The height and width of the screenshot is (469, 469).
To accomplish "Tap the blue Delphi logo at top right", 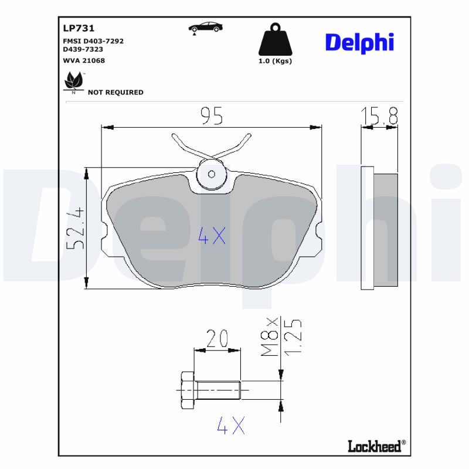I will [x=359, y=43].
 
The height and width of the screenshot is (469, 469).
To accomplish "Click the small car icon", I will [x=205, y=27].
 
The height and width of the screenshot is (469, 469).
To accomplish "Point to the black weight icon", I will [x=275, y=40].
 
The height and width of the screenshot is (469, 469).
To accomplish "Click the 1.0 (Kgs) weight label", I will [x=275, y=61].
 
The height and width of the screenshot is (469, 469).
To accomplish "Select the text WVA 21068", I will [x=84, y=60].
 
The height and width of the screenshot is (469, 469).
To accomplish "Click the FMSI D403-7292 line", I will [x=93, y=41].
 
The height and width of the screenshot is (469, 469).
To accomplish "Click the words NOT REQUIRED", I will [x=115, y=92].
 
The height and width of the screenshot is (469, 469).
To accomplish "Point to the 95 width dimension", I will [x=212, y=117].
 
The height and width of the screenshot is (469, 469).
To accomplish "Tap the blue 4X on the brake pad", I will [x=211, y=236].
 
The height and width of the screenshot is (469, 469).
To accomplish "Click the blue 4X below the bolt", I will [x=230, y=426].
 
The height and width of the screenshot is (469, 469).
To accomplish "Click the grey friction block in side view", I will [x=386, y=230].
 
